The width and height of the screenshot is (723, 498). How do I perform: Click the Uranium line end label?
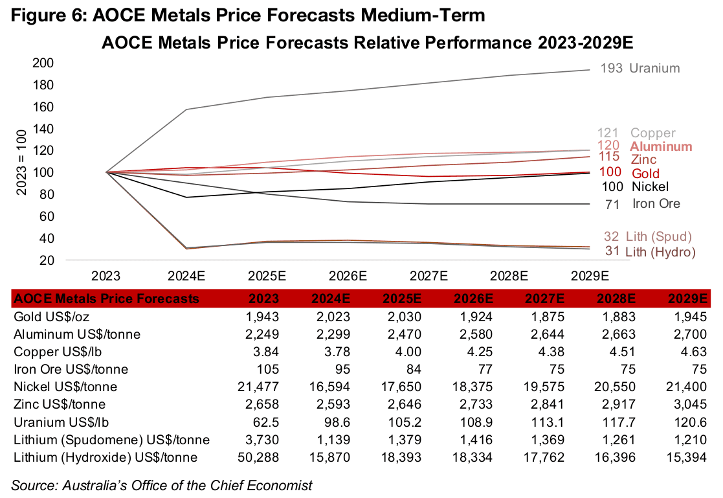(x=654, y=68)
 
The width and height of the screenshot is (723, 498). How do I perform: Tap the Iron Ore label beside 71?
(x=656, y=204)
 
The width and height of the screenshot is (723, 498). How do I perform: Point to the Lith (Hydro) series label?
(x=660, y=251)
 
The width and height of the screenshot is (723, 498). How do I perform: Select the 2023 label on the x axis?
(x=106, y=275)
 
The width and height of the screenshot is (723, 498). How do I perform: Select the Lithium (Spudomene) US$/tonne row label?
(x=111, y=440)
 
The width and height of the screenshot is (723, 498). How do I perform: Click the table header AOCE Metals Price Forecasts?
(x=107, y=299)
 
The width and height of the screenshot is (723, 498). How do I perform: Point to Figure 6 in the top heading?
(x=44, y=14)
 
